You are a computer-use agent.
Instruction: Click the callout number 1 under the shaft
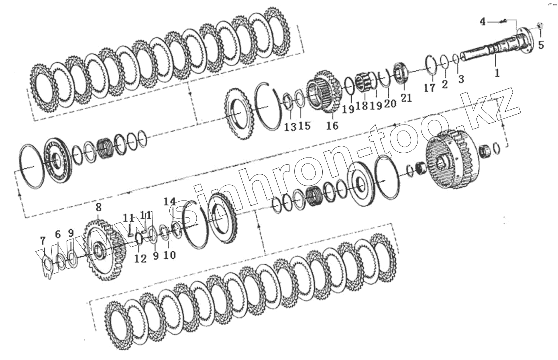coord(497,73)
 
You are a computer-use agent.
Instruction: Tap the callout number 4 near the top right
coord(483,22)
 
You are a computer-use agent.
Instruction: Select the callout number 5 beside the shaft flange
coord(541,45)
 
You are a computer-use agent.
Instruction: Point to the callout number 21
coord(406,98)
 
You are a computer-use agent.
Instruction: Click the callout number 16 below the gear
coord(332,125)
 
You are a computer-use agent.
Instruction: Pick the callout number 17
coord(430,88)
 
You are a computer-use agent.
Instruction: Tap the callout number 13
coord(290,127)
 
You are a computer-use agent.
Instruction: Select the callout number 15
coord(304,125)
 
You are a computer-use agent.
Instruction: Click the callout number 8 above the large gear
coord(99,207)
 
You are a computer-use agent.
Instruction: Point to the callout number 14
coord(170,201)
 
